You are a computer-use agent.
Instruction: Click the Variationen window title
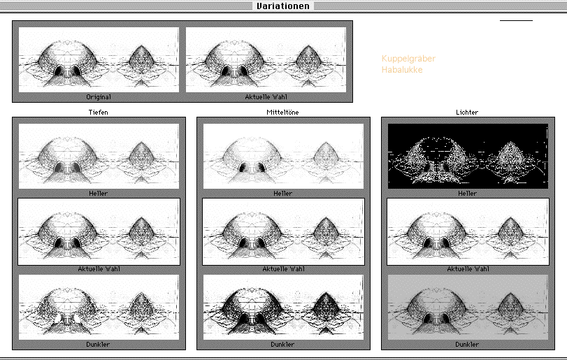coord(283,6)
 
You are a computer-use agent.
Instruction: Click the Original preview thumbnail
coord(99,59)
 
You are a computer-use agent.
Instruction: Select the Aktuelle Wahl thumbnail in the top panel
coord(266,59)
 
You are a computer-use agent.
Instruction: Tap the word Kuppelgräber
coord(408,59)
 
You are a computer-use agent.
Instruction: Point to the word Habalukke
coord(402,69)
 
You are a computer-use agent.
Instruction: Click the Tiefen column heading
coord(98,112)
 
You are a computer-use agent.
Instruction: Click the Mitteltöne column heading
coord(282,112)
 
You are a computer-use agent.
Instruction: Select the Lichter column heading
coord(467,112)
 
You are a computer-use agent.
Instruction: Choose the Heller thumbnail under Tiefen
coord(99,156)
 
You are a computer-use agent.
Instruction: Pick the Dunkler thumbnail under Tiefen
coord(99,308)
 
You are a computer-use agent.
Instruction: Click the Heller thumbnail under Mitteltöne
coord(283,156)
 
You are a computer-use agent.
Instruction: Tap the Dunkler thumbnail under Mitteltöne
coord(283,308)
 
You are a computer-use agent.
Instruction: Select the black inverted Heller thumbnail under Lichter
coord(468,156)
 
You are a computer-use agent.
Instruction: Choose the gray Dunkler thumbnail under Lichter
coord(468,308)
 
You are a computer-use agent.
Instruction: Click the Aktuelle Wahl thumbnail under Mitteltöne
coord(283,231)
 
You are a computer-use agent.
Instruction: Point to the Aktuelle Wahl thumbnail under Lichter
coord(468,231)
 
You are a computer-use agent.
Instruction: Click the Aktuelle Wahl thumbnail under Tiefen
coord(99,231)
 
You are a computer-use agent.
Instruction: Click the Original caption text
coord(99,97)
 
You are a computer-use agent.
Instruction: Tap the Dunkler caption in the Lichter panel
coord(467,345)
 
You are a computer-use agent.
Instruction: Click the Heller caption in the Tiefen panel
coord(98,194)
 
